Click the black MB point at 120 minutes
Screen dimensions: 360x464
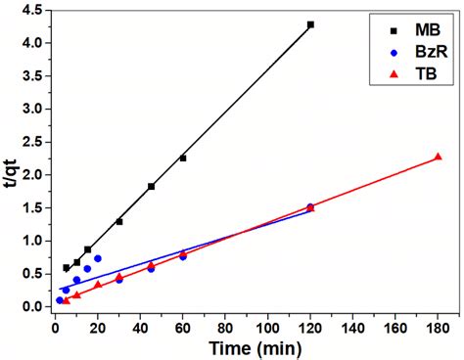click(x=310, y=24)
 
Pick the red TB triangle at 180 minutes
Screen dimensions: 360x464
click(x=438, y=157)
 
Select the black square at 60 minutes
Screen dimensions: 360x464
click(x=183, y=157)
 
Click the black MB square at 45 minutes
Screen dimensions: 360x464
click(x=151, y=186)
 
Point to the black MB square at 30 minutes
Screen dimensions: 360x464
click(x=119, y=221)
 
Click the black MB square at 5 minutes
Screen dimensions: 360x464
click(x=67, y=267)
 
